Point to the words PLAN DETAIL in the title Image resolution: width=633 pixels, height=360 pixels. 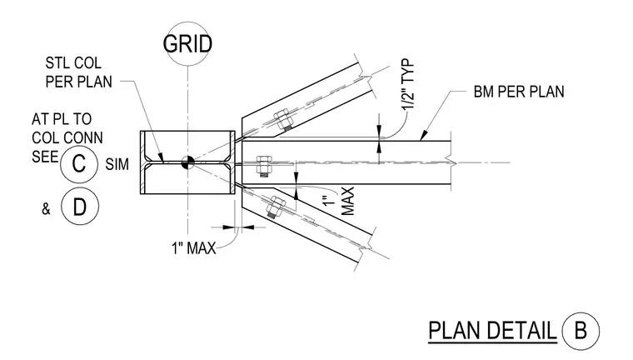tap(492, 331)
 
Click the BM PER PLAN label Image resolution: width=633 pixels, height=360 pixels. tap(519, 92)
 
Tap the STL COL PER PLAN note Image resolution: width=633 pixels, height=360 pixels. tap(79, 72)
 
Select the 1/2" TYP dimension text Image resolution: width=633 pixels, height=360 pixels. tap(409, 84)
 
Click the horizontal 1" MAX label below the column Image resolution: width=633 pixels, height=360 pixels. tap(194, 247)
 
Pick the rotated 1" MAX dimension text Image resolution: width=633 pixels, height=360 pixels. tap(340, 201)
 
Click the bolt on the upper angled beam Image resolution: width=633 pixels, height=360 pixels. tap(282, 120)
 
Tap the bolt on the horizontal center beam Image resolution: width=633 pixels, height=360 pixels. tap(264, 166)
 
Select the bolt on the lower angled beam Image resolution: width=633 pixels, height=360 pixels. tap(275, 207)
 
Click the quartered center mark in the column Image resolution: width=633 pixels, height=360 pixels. tap(187, 162)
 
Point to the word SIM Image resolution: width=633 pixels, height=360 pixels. tap(117, 164)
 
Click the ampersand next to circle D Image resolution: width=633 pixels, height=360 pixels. tap(46, 209)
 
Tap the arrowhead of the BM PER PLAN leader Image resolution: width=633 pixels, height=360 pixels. tap(422, 137)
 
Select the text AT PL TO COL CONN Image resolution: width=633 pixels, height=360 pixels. tap(67, 128)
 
